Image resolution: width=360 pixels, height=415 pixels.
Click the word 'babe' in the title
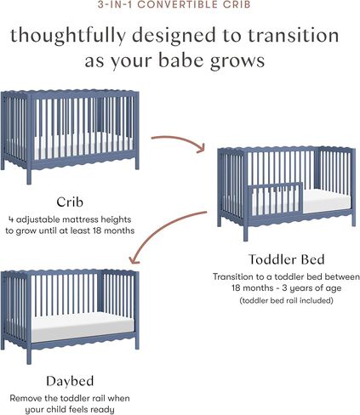[192, 62]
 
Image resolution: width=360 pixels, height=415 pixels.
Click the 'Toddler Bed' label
[286, 259]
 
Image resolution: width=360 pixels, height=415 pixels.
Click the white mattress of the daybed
[81, 322]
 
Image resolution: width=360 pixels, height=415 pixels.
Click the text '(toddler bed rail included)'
[286, 300]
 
